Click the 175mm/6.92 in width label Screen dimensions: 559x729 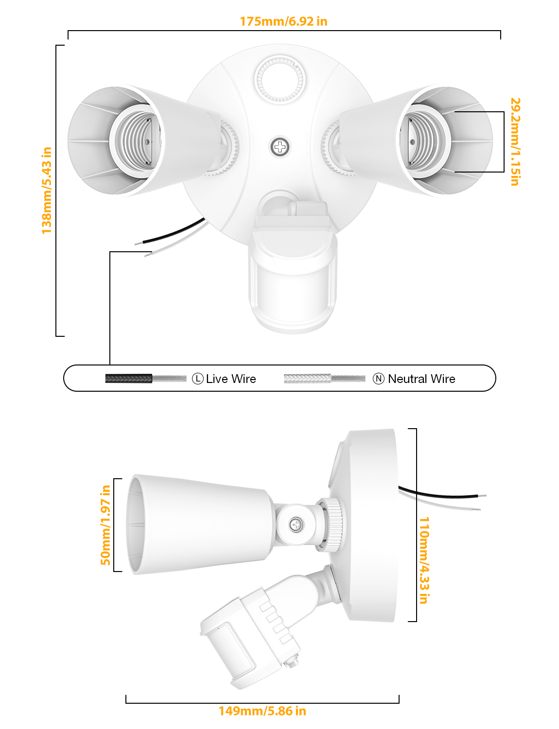[283, 21]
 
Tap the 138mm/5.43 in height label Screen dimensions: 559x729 [47, 190]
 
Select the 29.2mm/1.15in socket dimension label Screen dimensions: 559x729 [515, 141]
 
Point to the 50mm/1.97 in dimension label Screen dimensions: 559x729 [105, 525]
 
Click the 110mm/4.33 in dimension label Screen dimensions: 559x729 [424, 560]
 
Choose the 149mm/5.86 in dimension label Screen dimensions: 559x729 [262, 711]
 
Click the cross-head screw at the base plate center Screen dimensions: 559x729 [280, 147]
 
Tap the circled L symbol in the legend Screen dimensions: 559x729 [198, 379]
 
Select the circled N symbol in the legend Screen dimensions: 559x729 [379, 379]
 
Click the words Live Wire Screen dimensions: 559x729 [231, 379]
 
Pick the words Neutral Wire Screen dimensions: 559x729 [421, 379]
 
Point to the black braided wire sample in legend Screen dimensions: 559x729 [129, 379]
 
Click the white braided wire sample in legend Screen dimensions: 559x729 [307, 379]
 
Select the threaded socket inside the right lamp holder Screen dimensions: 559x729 [423, 141]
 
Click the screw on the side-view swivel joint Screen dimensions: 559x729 [296, 524]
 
